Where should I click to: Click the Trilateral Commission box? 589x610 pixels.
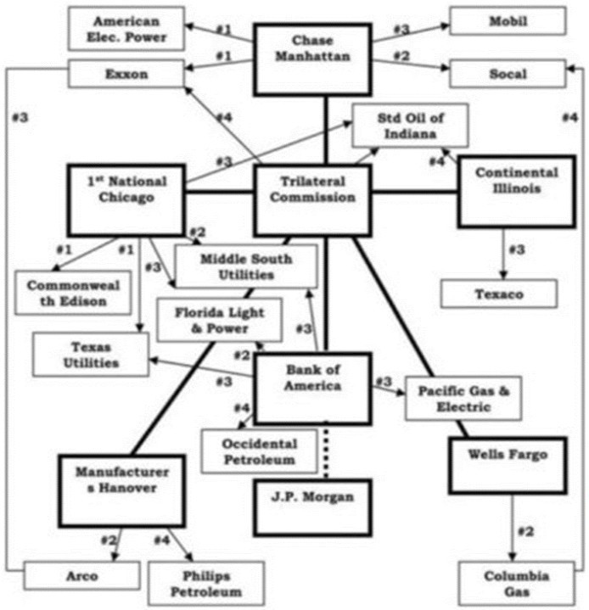tap(312, 200)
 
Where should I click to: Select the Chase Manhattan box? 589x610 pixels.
tap(312, 59)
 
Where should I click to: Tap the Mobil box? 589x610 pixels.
tap(508, 20)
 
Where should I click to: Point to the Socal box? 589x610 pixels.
tap(508, 74)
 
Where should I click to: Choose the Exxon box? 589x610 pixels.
tap(126, 74)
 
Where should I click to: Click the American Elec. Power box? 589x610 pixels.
tap(126, 28)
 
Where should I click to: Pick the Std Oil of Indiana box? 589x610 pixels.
tap(410, 126)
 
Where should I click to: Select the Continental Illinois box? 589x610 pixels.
tap(517, 192)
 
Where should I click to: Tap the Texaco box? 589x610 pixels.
tap(499, 294)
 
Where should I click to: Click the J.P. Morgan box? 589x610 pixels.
tap(312, 507)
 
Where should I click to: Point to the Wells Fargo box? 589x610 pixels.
tap(508, 466)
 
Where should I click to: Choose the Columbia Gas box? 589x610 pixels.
tap(517, 584)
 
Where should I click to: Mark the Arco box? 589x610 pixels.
tap(81, 576)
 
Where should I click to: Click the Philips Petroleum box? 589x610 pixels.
tap(206, 584)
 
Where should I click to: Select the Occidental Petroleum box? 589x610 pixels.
tap(259, 451)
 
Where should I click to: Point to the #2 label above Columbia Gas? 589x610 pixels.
tap(525, 531)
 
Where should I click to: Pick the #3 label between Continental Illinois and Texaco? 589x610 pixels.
tap(517, 249)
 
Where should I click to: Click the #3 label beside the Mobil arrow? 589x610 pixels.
tap(401, 29)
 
